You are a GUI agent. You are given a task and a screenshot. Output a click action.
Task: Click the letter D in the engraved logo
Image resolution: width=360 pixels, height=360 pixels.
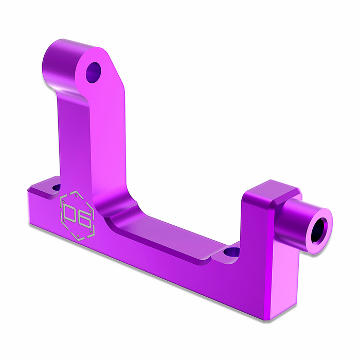click(71, 213)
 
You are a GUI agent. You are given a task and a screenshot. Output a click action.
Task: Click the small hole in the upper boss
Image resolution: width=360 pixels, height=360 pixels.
click(94, 73)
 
